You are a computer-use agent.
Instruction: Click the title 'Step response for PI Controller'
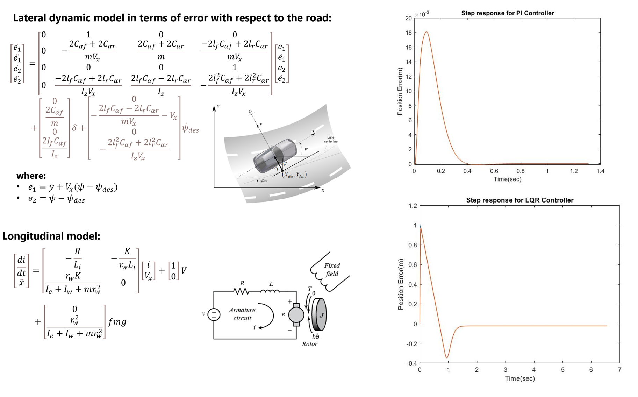point(507,13)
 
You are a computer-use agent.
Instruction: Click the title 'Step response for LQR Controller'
point(519,200)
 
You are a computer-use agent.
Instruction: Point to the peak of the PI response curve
point(426,32)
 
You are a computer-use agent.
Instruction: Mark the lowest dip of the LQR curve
point(446,358)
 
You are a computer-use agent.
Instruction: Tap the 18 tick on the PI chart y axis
point(408,33)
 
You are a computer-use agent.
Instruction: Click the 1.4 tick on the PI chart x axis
point(600,171)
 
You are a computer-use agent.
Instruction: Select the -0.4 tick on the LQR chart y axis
point(411,363)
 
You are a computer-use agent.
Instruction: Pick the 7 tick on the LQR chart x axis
point(619,370)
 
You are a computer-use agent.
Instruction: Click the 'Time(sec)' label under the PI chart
point(507,179)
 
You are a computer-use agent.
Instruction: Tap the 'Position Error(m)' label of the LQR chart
point(401,284)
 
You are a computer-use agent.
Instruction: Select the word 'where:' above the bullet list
point(31,175)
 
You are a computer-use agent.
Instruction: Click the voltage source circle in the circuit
point(214,314)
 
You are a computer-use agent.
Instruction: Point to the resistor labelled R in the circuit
point(242,291)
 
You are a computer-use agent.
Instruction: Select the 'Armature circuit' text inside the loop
point(242,314)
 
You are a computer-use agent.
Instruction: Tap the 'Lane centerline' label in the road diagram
point(331,139)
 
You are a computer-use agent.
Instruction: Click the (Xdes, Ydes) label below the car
point(294,175)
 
